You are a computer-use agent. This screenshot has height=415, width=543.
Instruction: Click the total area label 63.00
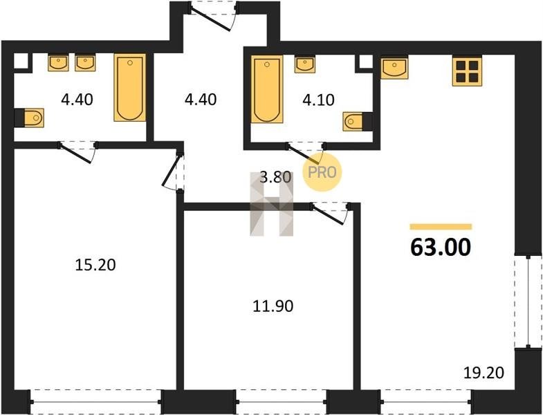(441, 247)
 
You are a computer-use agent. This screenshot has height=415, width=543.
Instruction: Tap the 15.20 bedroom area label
(95, 265)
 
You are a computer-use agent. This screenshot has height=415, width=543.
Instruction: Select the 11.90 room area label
(273, 306)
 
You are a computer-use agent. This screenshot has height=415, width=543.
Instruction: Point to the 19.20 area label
(484, 373)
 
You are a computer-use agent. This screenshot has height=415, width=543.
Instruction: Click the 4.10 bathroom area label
(318, 100)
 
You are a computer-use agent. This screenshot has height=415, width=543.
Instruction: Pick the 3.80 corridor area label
(275, 177)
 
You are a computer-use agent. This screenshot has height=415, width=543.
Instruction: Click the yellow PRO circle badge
(322, 172)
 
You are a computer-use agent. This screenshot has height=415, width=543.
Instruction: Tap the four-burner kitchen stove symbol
(467, 71)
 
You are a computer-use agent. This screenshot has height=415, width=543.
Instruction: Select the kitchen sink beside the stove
(394, 68)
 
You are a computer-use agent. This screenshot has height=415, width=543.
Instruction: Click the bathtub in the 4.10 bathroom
(266, 89)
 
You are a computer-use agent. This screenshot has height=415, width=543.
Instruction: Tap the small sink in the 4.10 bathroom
(305, 65)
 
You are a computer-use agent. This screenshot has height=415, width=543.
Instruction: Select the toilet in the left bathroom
(30, 118)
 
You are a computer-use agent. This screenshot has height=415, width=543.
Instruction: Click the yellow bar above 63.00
(441, 227)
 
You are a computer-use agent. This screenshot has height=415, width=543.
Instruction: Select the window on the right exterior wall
(528, 302)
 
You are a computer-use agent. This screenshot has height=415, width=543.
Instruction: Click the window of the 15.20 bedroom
(96, 402)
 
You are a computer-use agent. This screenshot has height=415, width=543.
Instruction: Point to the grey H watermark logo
(272, 203)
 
